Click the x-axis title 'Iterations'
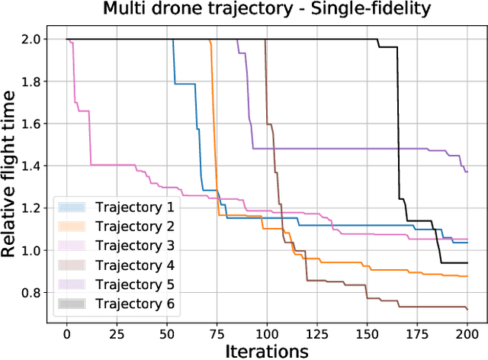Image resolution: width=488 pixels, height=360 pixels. click(267, 350)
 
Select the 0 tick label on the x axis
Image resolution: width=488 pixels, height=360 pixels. click(66, 333)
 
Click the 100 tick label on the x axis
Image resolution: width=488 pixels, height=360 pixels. click(267, 333)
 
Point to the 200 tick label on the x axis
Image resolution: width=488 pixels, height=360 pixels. click(467, 333)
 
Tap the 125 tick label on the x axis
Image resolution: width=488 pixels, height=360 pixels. click(316, 333)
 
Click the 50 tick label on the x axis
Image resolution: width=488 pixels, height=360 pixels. click(166, 333)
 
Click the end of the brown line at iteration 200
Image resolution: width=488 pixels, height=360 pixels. click(467, 309)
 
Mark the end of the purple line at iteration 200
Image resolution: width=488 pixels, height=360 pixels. click(467, 172)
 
